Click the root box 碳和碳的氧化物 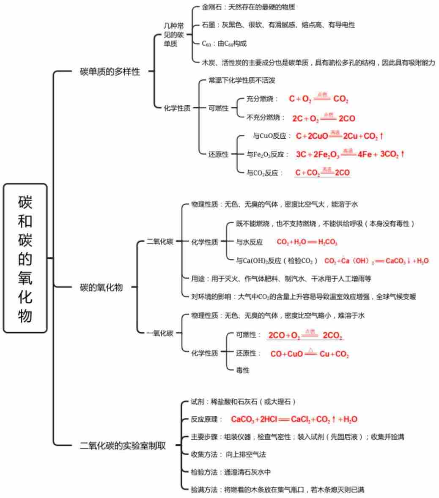pos(25,258)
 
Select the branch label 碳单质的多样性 pos(110,71)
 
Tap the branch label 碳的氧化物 pos(101,287)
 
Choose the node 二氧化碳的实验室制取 pos(123,446)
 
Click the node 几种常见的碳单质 pos(174,35)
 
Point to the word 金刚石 pos(212,7)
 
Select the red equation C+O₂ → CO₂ pos(318,99)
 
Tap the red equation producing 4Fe pos(350,154)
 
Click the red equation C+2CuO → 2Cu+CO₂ pos(339,136)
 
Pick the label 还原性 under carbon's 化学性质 pos(218,154)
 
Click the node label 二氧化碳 pos(160,242)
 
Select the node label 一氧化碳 pos(160,333)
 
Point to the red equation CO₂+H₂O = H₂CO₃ pos(307,242)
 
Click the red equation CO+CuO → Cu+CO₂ pos(309,354)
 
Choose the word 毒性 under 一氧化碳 pos(243,370)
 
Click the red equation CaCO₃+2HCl pos(294,419)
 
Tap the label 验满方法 pos(204,490)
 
